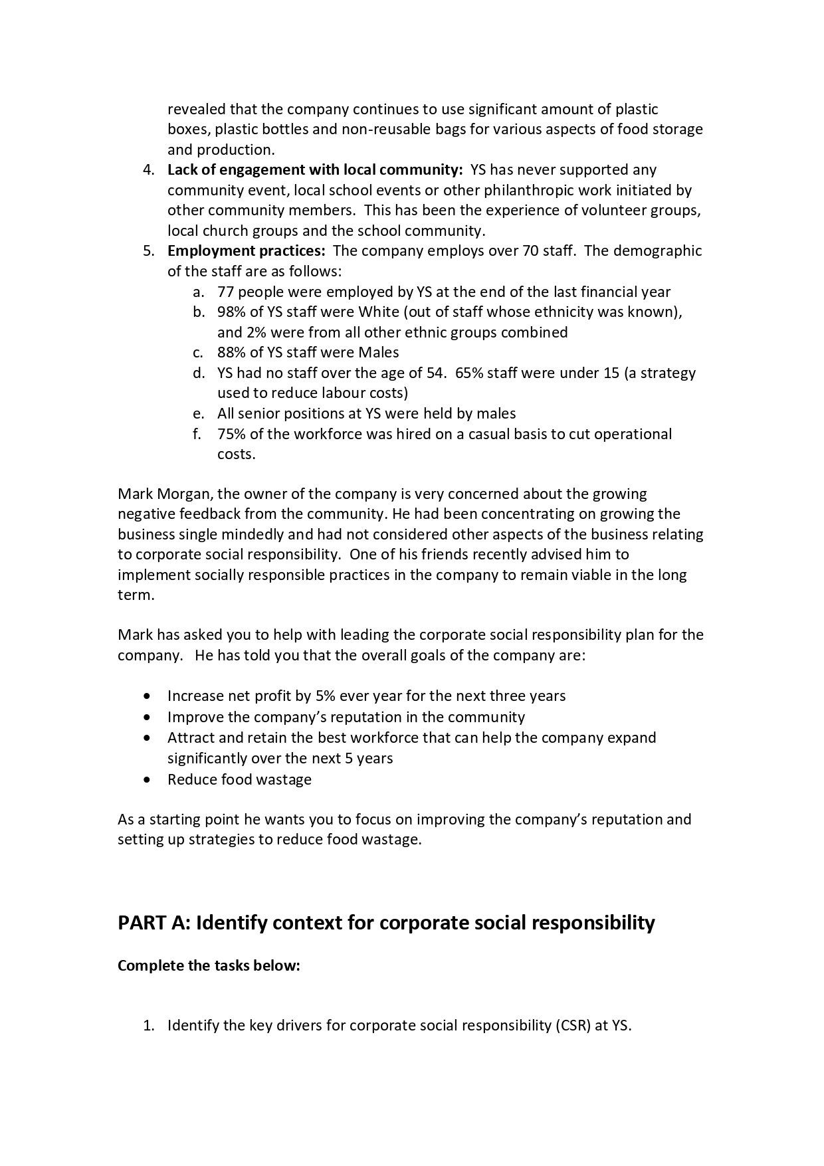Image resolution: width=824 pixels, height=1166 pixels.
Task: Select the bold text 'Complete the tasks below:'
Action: tap(209, 965)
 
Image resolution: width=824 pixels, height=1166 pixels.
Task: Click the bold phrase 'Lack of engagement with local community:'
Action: tap(314, 169)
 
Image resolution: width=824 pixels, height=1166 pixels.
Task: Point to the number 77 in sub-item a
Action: tap(225, 292)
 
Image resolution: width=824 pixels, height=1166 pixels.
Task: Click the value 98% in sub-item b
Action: tap(231, 312)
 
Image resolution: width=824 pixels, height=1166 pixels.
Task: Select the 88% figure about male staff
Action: tap(231, 352)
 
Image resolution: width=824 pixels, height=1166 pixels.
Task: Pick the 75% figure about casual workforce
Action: tap(231, 434)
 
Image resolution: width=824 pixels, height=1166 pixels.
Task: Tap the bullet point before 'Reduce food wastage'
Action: tap(147, 780)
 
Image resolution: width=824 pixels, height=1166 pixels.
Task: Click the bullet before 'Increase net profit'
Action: tap(147, 696)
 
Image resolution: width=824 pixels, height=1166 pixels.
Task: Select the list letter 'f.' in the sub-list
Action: tap(197, 434)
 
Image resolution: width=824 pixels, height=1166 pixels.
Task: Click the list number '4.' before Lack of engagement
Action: tap(149, 169)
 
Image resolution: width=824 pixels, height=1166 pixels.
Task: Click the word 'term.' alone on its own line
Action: tap(136, 595)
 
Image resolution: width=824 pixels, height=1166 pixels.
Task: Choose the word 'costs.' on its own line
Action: tap(236, 454)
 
